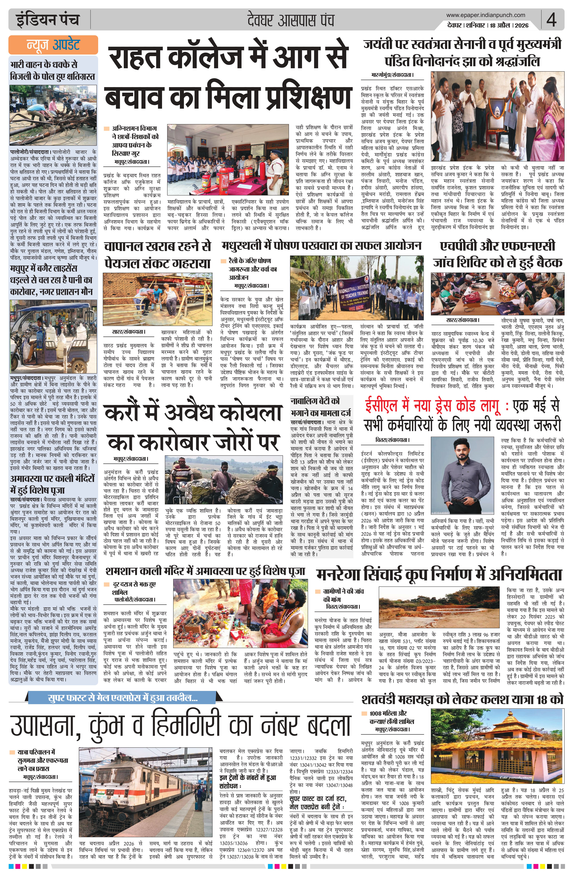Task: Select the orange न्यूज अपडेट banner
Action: pyautogui.click(x=53, y=45)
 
